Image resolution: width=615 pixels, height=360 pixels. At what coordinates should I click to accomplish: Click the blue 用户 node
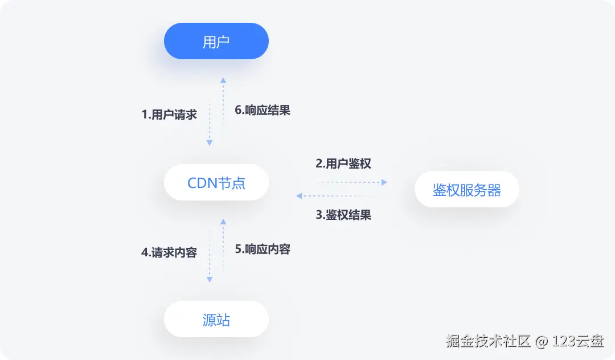(216, 41)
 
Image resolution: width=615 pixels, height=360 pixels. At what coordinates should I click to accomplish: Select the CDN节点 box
(216, 182)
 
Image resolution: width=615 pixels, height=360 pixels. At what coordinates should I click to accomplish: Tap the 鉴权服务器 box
(467, 190)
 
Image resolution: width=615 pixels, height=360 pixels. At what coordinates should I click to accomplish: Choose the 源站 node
(216, 319)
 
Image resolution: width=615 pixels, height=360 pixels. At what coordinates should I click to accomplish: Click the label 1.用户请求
(169, 114)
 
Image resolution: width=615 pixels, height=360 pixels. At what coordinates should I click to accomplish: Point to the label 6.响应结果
(263, 110)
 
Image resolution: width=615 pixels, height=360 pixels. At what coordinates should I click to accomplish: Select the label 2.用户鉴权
(343, 164)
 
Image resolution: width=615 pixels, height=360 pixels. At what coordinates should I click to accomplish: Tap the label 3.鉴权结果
(343, 215)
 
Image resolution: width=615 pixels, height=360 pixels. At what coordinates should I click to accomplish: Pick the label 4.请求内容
(169, 252)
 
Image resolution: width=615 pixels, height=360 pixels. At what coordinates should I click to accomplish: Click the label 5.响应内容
(263, 249)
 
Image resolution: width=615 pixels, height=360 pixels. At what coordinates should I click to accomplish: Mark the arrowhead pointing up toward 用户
(223, 80)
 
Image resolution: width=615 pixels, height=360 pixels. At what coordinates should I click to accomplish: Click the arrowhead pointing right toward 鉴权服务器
(384, 182)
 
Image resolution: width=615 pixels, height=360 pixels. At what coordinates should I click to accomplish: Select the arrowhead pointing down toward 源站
(210, 280)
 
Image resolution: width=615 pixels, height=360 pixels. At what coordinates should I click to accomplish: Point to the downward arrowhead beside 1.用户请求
(210, 143)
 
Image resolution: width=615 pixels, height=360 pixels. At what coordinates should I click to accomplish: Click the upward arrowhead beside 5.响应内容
(223, 221)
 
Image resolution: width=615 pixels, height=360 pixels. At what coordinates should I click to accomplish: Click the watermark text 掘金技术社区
(489, 341)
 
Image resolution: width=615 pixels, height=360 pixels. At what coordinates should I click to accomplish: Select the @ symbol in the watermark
(542, 342)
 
